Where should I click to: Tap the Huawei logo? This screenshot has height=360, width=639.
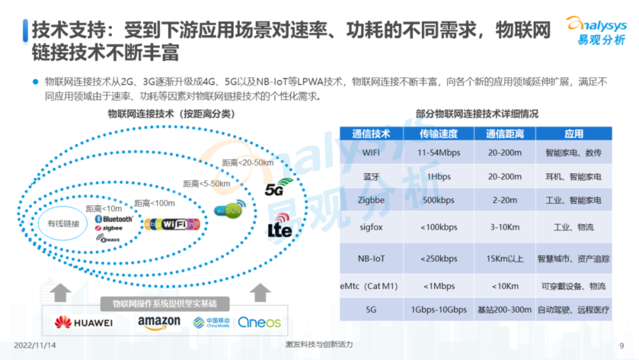(x=83, y=322)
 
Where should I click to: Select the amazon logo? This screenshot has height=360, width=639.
(x=159, y=322)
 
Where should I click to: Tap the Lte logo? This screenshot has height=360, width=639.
(x=280, y=228)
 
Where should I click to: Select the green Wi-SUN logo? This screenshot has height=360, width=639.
(x=228, y=210)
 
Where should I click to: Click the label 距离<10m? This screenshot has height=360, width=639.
(x=104, y=208)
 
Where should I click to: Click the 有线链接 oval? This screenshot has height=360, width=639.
(x=63, y=223)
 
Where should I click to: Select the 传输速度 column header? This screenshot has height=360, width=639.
(x=438, y=134)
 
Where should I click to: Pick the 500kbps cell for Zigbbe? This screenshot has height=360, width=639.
(x=438, y=200)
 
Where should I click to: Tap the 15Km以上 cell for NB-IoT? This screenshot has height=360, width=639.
(x=504, y=259)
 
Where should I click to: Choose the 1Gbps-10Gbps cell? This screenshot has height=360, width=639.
(x=438, y=310)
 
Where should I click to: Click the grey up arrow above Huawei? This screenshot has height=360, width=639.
(x=61, y=292)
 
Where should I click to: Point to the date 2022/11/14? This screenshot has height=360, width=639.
(x=35, y=345)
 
